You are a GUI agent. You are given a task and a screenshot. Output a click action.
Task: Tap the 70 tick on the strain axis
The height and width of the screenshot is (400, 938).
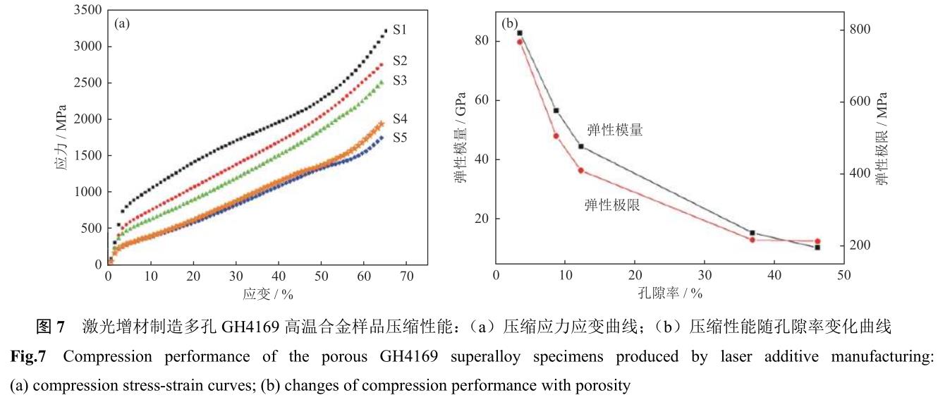[406, 276]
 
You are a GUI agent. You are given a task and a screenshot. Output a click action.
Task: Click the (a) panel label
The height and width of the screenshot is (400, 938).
[122, 23]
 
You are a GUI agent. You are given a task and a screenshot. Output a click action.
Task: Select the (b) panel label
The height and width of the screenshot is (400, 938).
[509, 23]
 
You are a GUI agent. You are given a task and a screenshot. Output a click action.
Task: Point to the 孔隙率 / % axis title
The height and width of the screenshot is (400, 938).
[670, 292]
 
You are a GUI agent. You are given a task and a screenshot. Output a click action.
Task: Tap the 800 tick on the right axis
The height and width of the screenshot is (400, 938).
[853, 30]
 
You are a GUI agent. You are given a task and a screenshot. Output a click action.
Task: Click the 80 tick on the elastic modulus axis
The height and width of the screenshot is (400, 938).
[482, 40]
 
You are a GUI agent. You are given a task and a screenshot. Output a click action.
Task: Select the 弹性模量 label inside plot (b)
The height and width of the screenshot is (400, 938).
[614, 131]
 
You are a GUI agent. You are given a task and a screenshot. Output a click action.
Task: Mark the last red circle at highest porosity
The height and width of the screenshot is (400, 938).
[817, 241]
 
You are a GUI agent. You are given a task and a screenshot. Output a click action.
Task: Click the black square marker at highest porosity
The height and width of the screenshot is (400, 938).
[817, 247]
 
